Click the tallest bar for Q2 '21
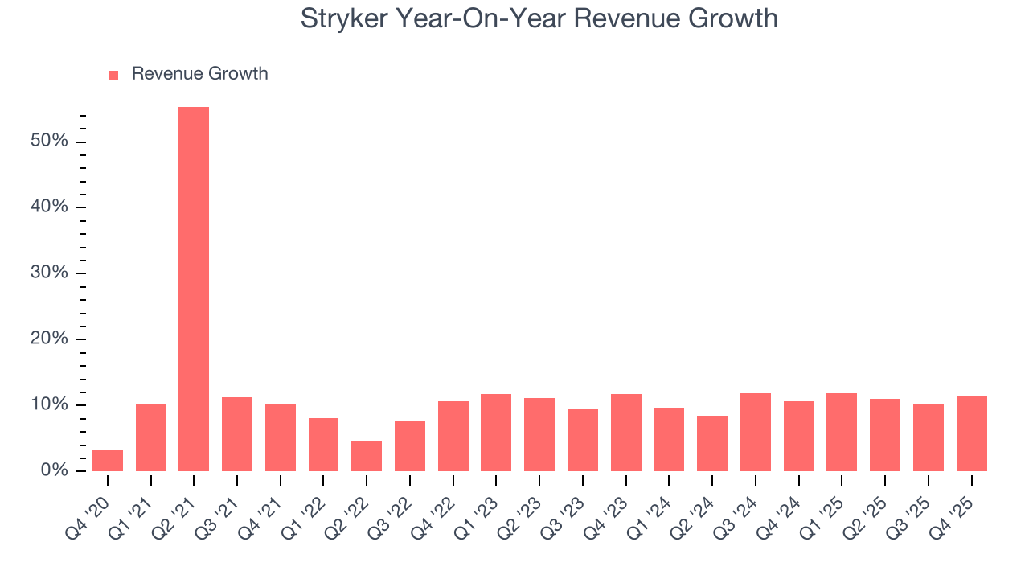click(x=194, y=289)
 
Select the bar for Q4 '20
click(x=108, y=461)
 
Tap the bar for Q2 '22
click(x=367, y=456)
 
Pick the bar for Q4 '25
click(x=971, y=433)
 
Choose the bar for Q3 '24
click(x=756, y=432)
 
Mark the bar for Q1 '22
click(x=323, y=445)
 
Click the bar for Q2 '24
click(x=712, y=443)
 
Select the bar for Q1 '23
click(x=496, y=433)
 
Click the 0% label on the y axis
click(x=54, y=470)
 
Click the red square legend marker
click(x=113, y=75)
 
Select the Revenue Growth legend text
click(x=199, y=74)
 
